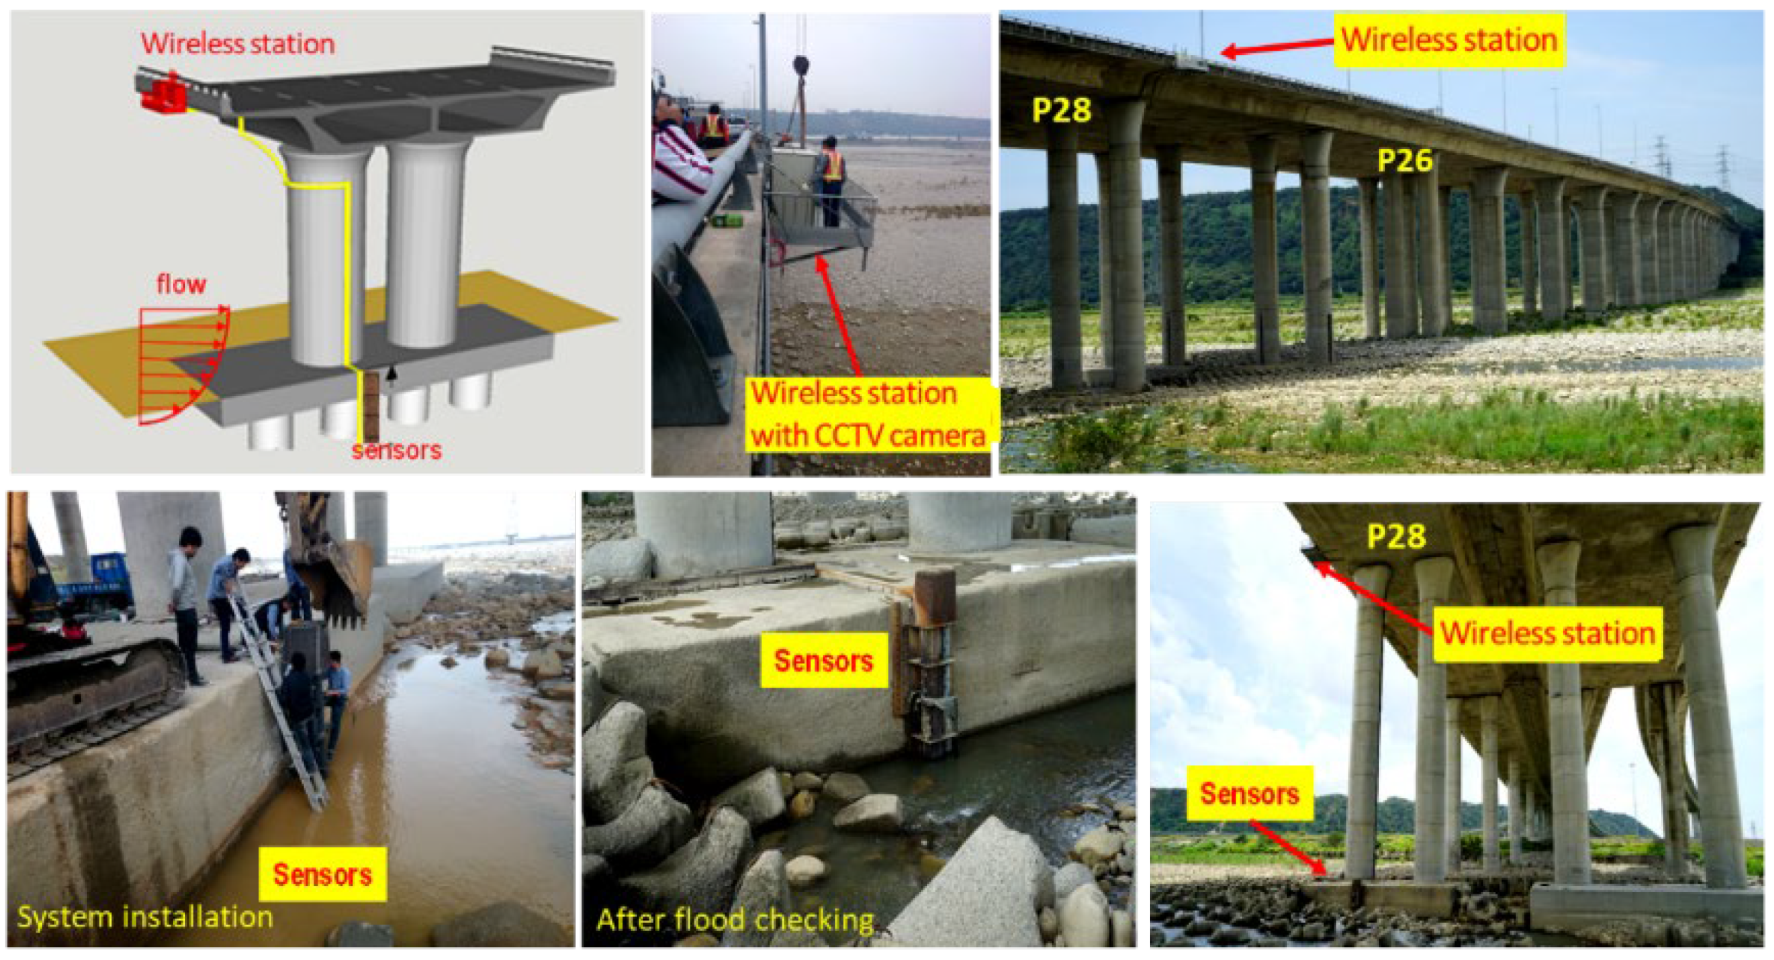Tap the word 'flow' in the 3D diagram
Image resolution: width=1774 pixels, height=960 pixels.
pyautogui.click(x=181, y=284)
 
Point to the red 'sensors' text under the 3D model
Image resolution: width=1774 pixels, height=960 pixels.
pyautogui.click(x=396, y=450)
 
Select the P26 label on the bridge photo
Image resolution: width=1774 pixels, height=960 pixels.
pyautogui.click(x=1405, y=161)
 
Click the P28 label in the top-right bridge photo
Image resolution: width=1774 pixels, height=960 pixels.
pyautogui.click(x=1062, y=110)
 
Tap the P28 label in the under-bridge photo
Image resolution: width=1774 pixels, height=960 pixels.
pyautogui.click(x=1396, y=536)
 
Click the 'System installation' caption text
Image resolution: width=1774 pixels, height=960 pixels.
pyautogui.click(x=145, y=917)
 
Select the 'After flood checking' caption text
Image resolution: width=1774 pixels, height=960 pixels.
pyautogui.click(x=736, y=920)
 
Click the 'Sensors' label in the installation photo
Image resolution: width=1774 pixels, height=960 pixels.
pyautogui.click(x=322, y=874)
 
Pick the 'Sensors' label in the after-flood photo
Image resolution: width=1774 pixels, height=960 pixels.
pyautogui.click(x=824, y=660)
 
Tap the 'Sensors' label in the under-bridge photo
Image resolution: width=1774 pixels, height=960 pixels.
pyautogui.click(x=1250, y=793)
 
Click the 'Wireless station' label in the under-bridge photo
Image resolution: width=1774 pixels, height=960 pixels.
pyautogui.click(x=1548, y=633)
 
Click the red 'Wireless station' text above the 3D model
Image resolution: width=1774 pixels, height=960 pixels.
pyautogui.click(x=238, y=43)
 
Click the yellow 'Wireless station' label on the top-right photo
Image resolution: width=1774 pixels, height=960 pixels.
pyautogui.click(x=1449, y=40)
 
